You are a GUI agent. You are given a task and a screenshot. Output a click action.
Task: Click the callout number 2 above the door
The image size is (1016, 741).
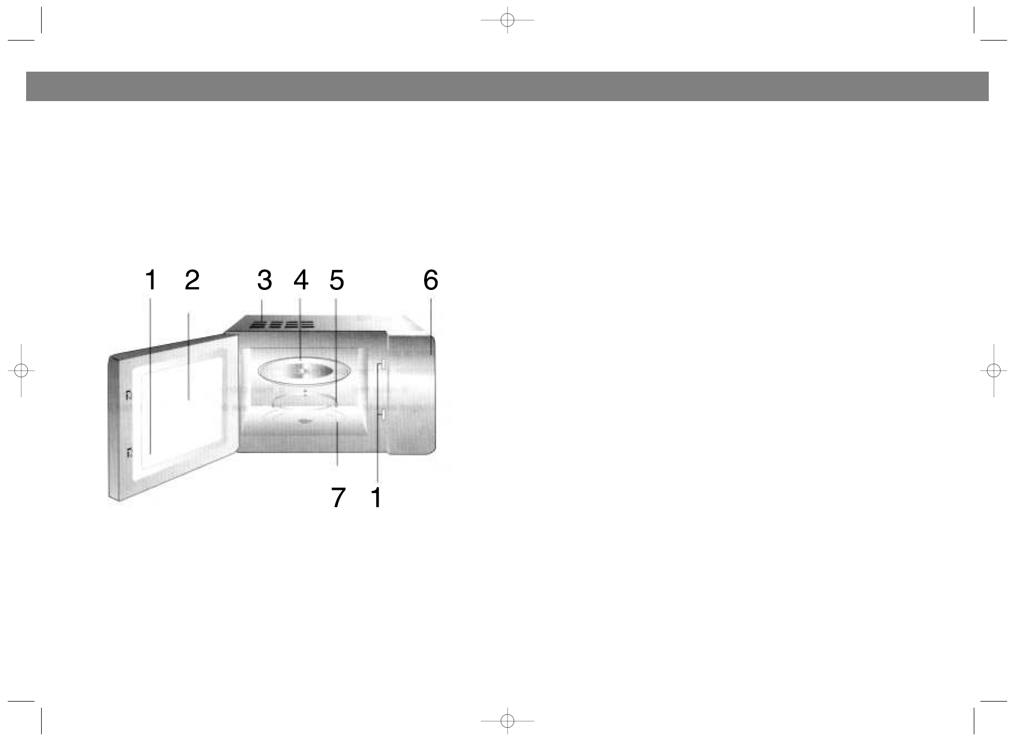[192, 280]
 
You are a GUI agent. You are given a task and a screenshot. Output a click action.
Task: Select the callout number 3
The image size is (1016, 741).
[265, 280]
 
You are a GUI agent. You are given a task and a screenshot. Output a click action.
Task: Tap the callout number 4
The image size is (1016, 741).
[301, 280]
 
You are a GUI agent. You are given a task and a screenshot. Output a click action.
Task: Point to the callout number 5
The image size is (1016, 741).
[337, 280]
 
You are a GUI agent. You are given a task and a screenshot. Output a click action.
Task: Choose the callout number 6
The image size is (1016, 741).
[431, 280]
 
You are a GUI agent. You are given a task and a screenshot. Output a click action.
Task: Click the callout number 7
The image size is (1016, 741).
[338, 497]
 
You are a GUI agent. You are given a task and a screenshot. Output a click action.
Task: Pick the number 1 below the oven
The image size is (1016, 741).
[376, 497]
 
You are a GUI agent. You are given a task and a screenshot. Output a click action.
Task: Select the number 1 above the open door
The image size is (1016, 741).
[151, 280]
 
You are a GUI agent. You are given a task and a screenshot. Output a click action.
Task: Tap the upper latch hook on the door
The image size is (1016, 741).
[129, 395]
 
